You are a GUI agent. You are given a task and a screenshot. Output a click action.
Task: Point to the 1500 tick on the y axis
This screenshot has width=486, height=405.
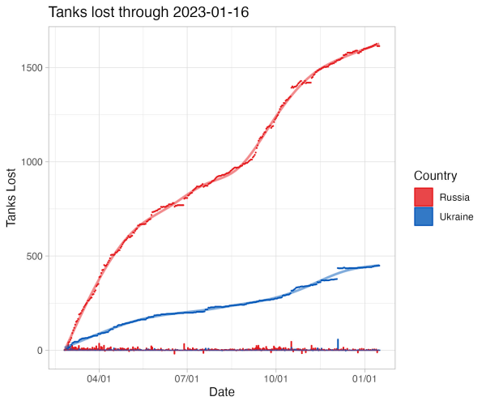tap(32, 68)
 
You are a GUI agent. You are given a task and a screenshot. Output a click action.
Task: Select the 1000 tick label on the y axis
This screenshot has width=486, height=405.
tap(32, 162)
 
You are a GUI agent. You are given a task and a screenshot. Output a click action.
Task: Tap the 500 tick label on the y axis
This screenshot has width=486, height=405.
tap(34, 256)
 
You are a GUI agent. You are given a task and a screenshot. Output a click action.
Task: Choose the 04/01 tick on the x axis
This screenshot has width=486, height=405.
tap(100, 378)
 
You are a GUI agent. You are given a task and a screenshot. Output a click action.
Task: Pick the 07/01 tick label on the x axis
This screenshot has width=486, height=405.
tap(187, 378)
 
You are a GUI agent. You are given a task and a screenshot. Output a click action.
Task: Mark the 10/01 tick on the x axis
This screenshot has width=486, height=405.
tap(276, 378)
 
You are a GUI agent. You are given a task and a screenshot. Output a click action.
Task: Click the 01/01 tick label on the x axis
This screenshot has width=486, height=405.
tap(364, 378)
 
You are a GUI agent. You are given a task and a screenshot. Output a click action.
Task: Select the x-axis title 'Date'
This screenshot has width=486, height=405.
tap(222, 393)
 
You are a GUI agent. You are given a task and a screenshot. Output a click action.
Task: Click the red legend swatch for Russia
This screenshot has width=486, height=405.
tap(424, 197)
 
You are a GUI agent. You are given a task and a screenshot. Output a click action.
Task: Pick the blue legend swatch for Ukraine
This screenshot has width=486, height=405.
tap(424, 217)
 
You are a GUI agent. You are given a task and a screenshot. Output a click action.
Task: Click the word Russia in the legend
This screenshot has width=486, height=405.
tap(454, 197)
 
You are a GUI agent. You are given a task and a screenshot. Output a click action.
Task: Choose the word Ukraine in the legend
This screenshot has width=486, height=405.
tap(457, 217)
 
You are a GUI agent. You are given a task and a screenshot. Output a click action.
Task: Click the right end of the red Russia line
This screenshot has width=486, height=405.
tap(378, 45)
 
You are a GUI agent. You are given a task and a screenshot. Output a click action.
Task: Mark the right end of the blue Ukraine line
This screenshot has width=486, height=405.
tap(378, 266)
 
